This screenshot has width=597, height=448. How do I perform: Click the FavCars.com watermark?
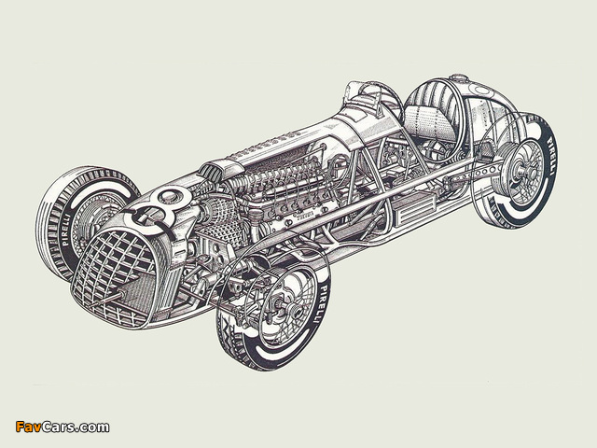(62, 427)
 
